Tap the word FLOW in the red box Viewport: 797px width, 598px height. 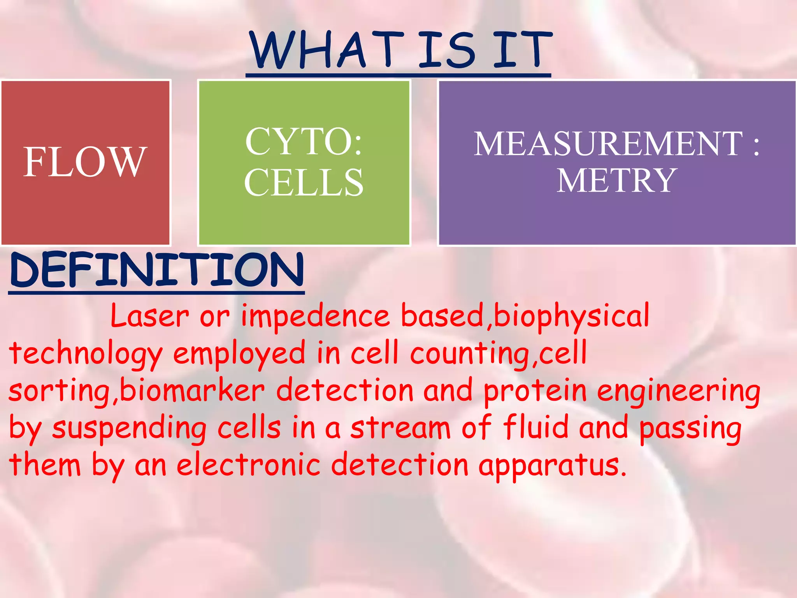pos(85,162)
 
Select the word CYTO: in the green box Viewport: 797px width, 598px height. pos(304,141)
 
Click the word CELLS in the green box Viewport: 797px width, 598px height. pos(304,182)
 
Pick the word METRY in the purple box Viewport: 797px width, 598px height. pos(617,180)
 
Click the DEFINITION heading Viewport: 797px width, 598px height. pos(156,270)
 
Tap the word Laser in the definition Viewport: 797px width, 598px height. pos(150,316)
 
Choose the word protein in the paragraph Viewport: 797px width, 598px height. pos(535,391)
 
